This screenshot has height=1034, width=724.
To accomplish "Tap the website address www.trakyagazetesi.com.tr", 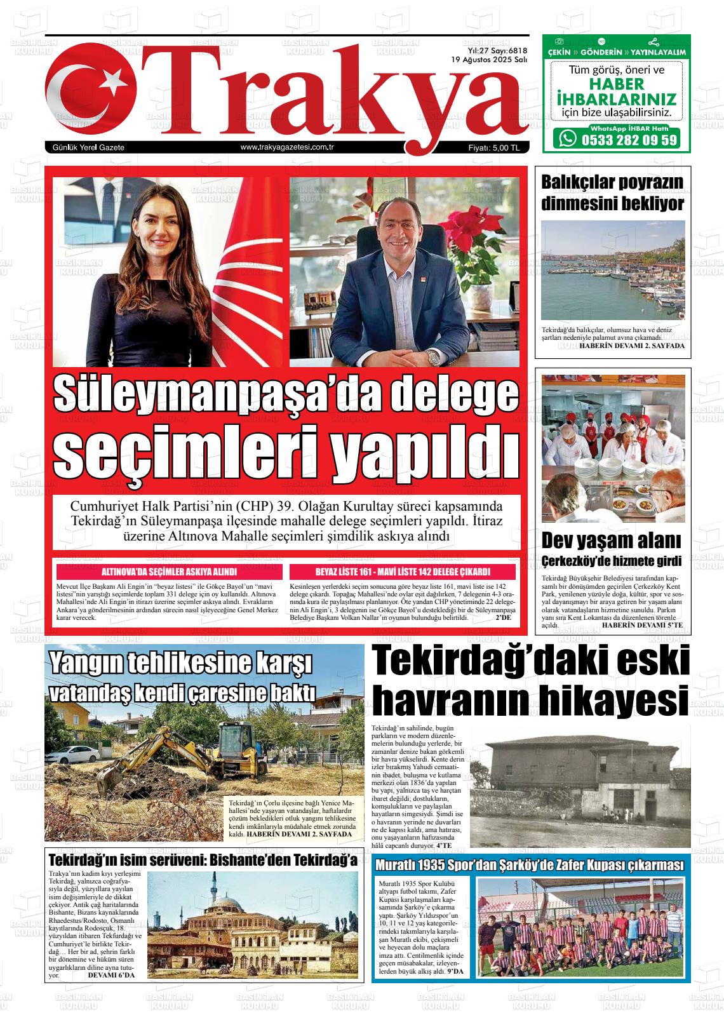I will tap(287, 147).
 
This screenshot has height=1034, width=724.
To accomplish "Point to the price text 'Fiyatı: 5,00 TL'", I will tap(493, 148).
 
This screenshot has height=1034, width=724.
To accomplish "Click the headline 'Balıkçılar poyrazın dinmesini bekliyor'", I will tap(612, 193).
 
